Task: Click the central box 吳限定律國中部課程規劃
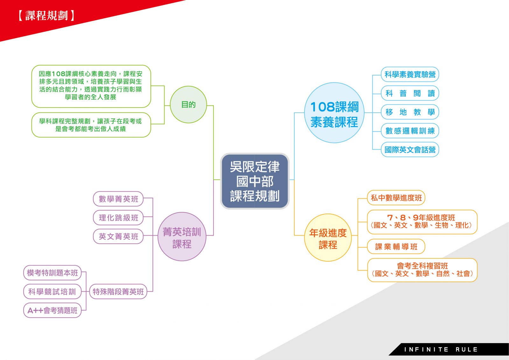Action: [255, 181]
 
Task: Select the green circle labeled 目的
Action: [188, 105]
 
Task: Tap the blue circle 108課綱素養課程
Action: [334, 113]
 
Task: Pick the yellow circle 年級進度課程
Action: [328, 237]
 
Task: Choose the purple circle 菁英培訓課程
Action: [182, 236]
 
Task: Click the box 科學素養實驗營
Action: [410, 74]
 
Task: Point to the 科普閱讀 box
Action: [410, 93]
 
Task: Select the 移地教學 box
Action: [410, 112]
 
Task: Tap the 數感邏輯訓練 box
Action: [410, 131]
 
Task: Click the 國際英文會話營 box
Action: [410, 150]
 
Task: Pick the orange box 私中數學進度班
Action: [396, 198]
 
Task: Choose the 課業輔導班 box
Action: [396, 246]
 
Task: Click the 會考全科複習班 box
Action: [422, 270]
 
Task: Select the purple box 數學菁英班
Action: [118, 199]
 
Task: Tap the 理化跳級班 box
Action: [118, 218]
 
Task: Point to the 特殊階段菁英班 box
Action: [118, 292]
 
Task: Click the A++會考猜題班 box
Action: [52, 310]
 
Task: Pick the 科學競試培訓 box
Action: [52, 292]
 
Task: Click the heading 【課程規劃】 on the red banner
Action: [46, 16]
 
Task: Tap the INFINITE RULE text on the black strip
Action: [441, 349]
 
